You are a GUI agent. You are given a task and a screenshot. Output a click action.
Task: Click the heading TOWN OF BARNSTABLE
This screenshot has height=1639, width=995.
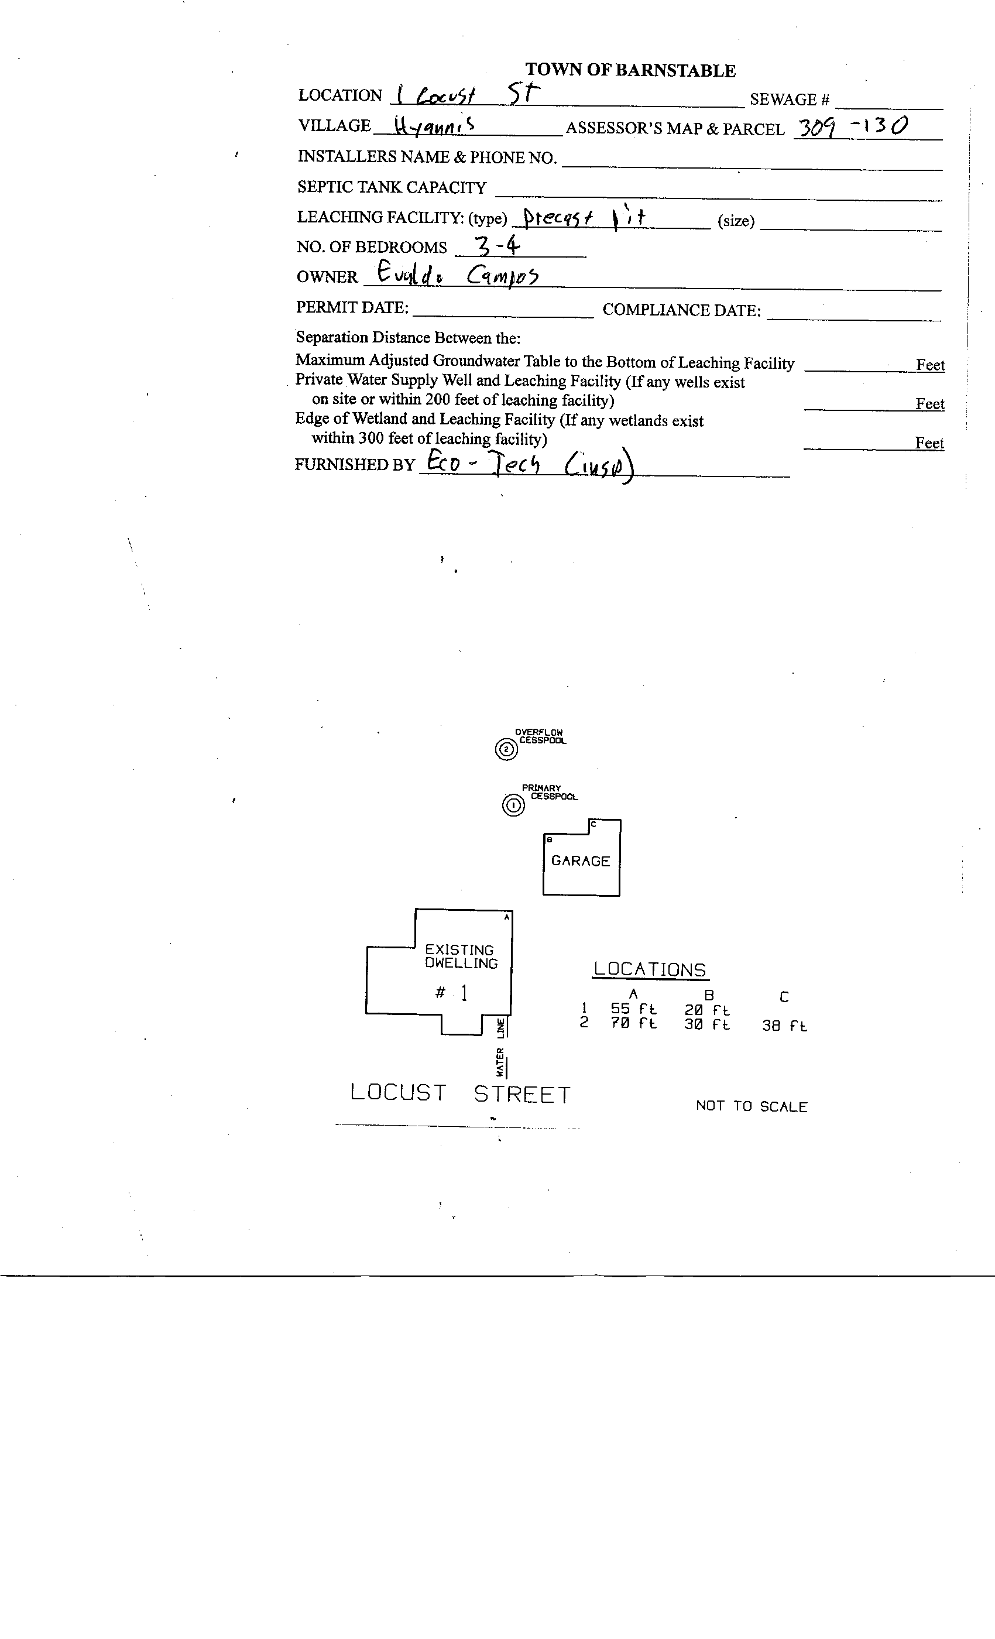pyautogui.click(x=630, y=70)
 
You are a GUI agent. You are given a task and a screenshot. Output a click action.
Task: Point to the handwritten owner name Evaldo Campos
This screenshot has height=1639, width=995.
pyautogui.click(x=457, y=274)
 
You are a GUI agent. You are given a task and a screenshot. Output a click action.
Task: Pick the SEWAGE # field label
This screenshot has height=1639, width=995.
pyautogui.click(x=790, y=100)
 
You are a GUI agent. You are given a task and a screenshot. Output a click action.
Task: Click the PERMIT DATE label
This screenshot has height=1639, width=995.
pyautogui.click(x=352, y=307)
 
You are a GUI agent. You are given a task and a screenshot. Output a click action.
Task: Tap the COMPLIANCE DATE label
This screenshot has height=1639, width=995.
pyautogui.click(x=681, y=310)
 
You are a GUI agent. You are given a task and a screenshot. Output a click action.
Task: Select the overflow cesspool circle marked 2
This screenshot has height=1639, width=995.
pyautogui.click(x=506, y=750)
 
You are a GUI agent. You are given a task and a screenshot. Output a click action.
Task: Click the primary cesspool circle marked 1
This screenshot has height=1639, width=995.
pyautogui.click(x=513, y=805)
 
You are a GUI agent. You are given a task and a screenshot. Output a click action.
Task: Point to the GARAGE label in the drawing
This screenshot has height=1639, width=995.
pyautogui.click(x=580, y=860)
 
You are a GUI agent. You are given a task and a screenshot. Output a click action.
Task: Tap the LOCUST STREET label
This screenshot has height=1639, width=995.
pyautogui.click(x=460, y=1093)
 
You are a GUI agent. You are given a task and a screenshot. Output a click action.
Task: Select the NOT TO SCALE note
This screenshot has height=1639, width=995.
pyautogui.click(x=751, y=1106)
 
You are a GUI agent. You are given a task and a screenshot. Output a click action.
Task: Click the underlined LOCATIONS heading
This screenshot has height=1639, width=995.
pyautogui.click(x=650, y=969)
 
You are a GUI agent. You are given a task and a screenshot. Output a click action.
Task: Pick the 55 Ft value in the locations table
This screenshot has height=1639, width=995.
pyautogui.click(x=633, y=1009)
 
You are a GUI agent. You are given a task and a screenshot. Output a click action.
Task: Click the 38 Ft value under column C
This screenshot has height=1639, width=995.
pyautogui.click(x=784, y=1026)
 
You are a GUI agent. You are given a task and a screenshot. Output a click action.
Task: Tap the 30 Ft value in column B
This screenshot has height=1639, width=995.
pyautogui.click(x=707, y=1024)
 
